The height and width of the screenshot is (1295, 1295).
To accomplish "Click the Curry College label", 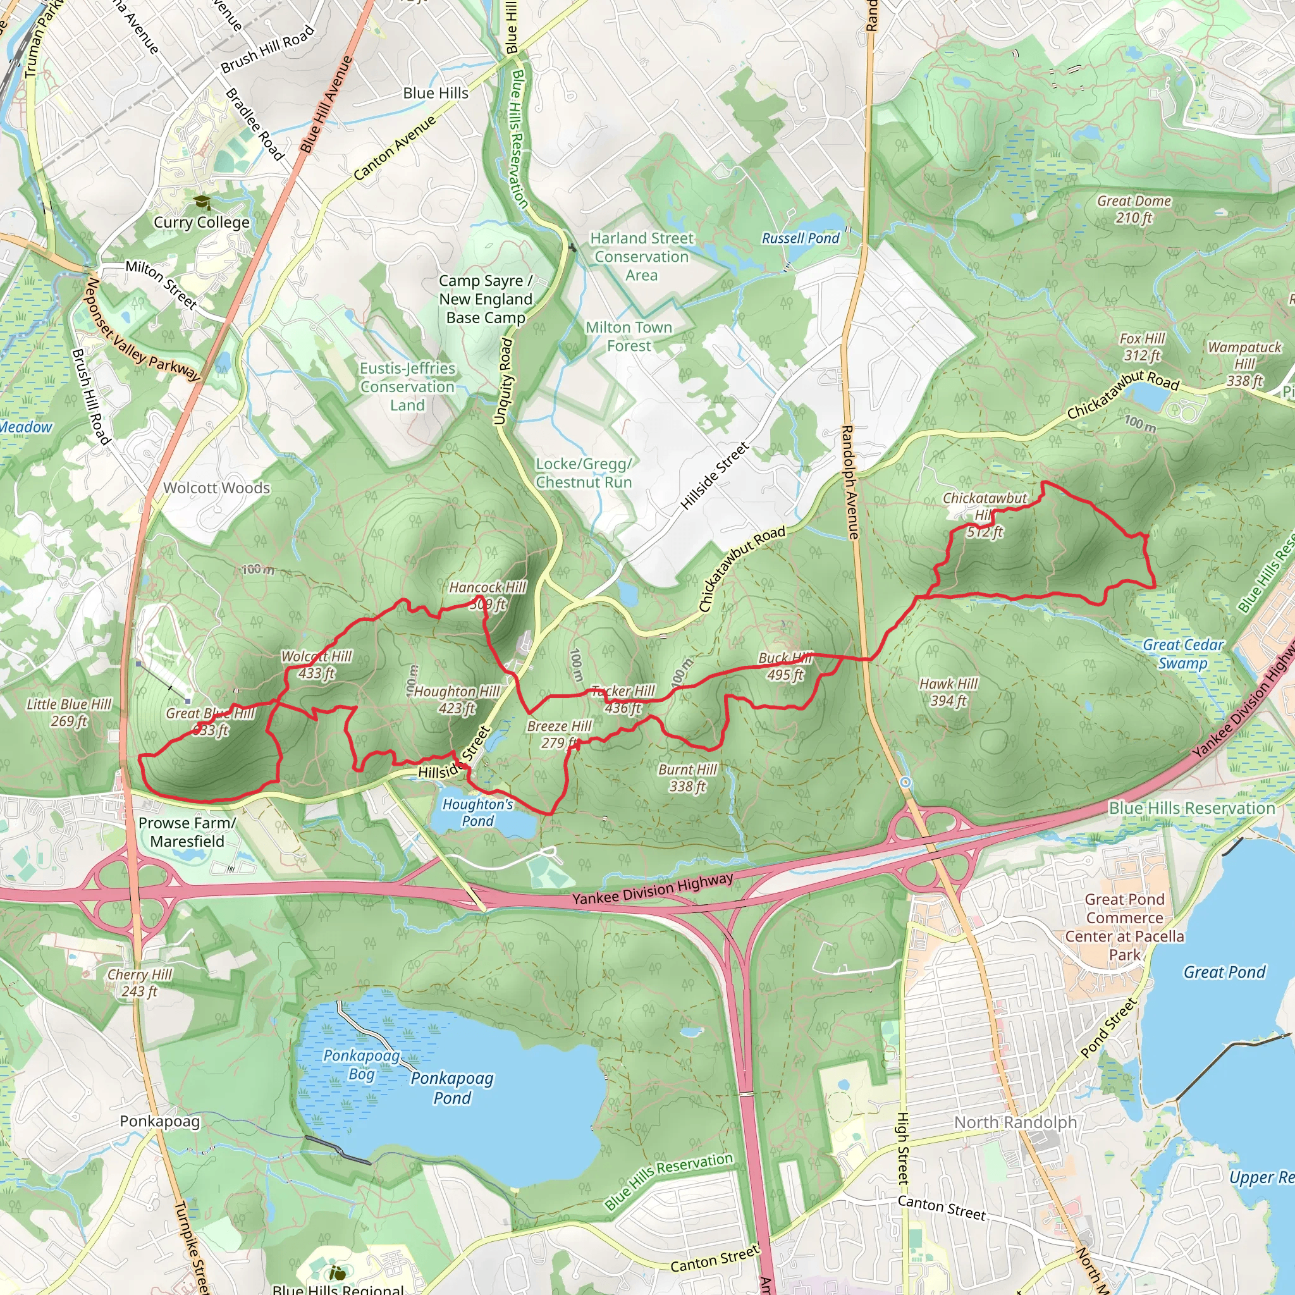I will click(202, 223).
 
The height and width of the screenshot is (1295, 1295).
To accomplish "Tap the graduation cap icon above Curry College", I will click(202, 202).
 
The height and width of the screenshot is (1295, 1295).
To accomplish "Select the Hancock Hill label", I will click(488, 588).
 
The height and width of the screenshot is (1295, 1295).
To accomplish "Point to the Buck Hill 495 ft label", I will click(785, 666).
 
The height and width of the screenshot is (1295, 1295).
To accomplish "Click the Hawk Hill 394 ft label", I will click(948, 692).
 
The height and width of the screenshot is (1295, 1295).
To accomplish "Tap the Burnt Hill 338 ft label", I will click(688, 778).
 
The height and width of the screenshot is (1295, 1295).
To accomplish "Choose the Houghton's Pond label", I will click(478, 813).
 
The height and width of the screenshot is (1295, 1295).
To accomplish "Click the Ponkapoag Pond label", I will click(453, 1088).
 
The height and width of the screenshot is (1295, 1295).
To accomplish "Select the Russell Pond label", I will click(801, 238).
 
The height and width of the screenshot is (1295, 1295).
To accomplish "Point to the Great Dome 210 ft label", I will click(1134, 209).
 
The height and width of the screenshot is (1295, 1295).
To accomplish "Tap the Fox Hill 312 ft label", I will click(1142, 347).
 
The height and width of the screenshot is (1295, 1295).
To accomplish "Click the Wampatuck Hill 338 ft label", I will click(1244, 364).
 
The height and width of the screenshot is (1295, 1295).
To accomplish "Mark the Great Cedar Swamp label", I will click(1184, 654).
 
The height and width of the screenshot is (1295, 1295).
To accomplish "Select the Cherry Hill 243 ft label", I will click(140, 983).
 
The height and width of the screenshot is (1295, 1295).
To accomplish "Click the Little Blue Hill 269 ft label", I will click(69, 713).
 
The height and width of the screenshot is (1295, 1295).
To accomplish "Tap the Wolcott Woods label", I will click(217, 488).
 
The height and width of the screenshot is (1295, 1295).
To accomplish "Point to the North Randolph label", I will click(1016, 1122).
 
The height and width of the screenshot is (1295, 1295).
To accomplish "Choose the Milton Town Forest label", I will click(629, 336).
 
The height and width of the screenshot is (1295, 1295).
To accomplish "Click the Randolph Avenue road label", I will click(849, 482).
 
